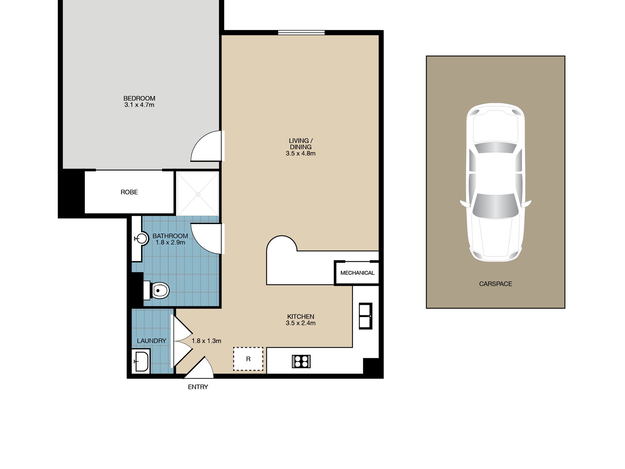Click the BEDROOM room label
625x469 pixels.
point(139,98)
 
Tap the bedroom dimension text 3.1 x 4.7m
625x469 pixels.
point(139,105)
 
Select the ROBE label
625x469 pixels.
point(129,192)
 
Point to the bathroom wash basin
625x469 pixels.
point(142,238)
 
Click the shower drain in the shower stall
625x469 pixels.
point(198,194)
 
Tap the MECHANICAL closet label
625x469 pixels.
point(357,273)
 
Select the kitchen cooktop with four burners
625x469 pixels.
point(301,361)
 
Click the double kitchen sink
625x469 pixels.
point(365,316)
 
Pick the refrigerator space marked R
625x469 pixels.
point(248,359)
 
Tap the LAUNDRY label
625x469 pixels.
point(152,341)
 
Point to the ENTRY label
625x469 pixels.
point(198,387)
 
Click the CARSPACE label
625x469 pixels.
point(495,284)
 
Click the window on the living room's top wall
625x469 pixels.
point(301,32)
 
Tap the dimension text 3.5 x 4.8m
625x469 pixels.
point(301,153)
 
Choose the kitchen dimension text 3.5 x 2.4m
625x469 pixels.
point(301,323)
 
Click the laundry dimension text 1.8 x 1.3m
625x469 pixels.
point(206,341)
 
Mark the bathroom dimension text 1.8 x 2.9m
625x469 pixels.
point(170,243)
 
